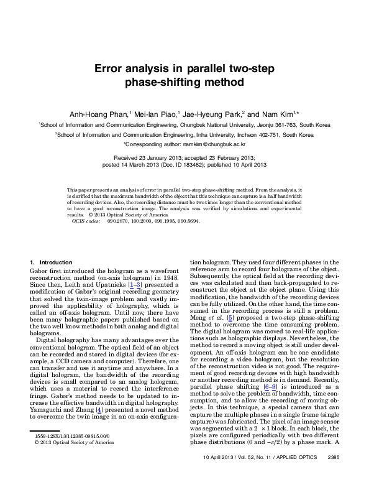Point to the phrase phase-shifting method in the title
point(184,82)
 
